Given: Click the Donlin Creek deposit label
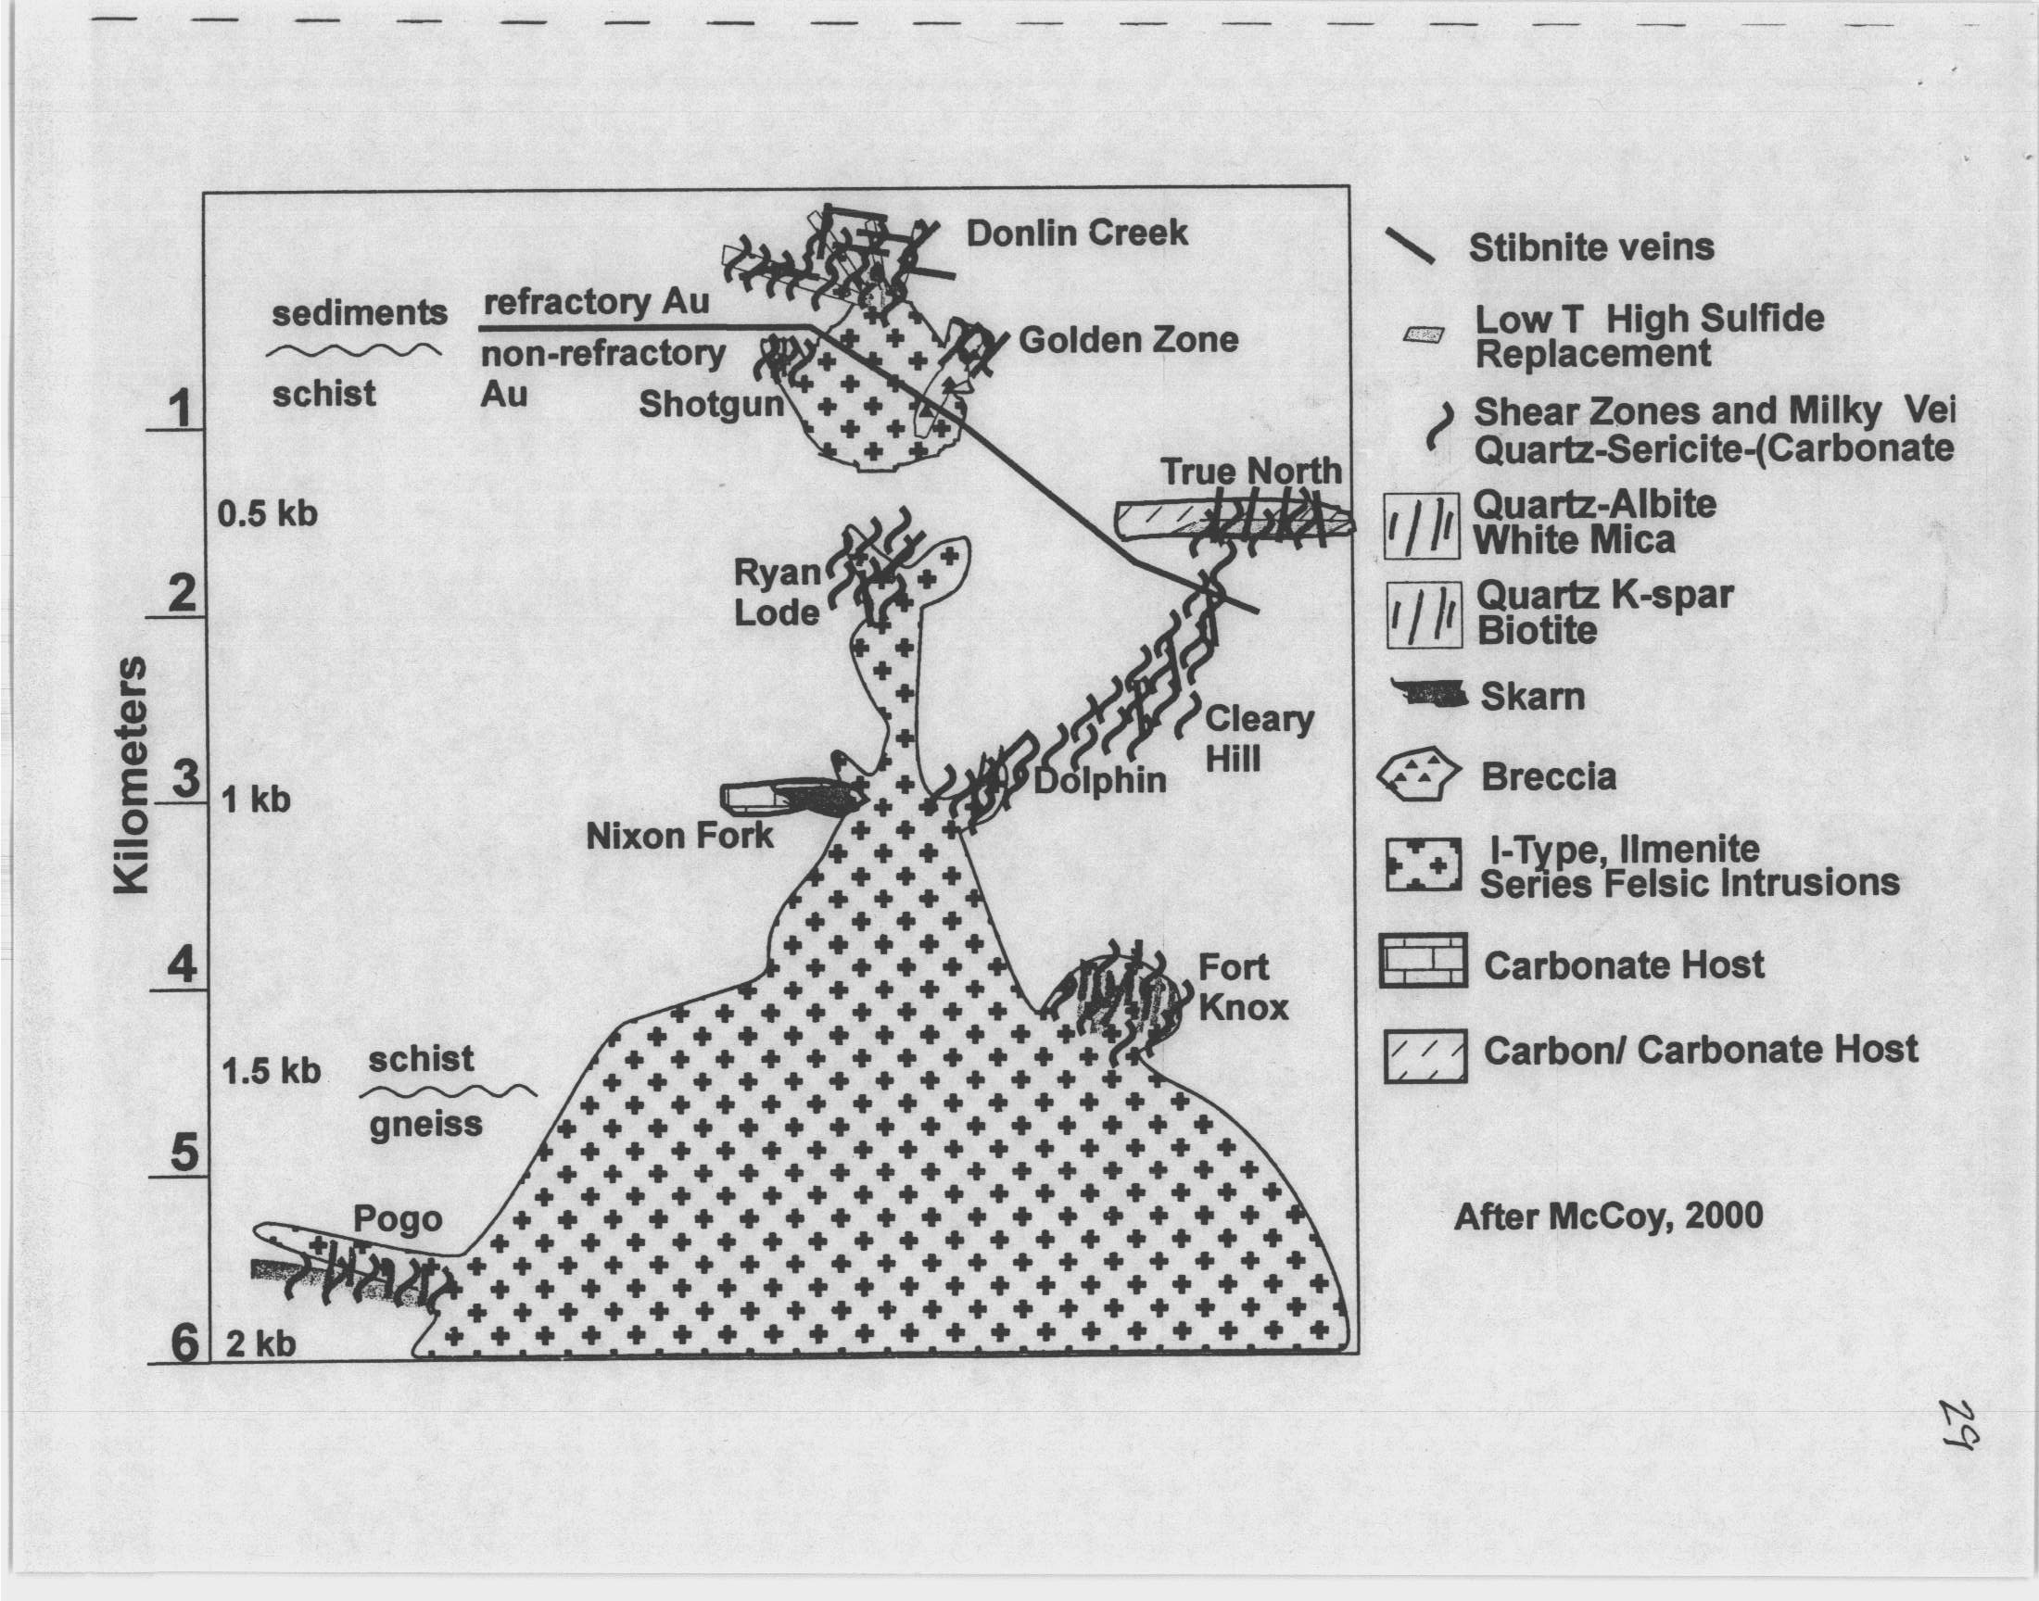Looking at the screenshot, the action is [1077, 233].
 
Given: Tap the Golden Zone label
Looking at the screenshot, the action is [1129, 339].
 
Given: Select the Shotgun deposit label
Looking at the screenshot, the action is [712, 405].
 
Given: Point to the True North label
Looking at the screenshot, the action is [1252, 471].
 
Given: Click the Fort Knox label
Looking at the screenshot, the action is [1244, 987].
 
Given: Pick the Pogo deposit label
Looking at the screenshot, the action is [398, 1219].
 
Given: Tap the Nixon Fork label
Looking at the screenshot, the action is [680, 835].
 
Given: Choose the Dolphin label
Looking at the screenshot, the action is [1099, 781].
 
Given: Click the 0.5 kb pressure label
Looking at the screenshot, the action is [268, 513].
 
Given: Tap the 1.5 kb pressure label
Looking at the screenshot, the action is [271, 1070].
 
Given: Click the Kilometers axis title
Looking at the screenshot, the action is [131, 775].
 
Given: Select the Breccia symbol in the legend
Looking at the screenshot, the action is [1419, 776].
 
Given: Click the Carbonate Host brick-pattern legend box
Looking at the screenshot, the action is [1423, 962].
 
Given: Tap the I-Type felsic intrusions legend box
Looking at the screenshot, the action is [1423, 864].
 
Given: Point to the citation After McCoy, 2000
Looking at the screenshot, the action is [1609, 1217].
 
